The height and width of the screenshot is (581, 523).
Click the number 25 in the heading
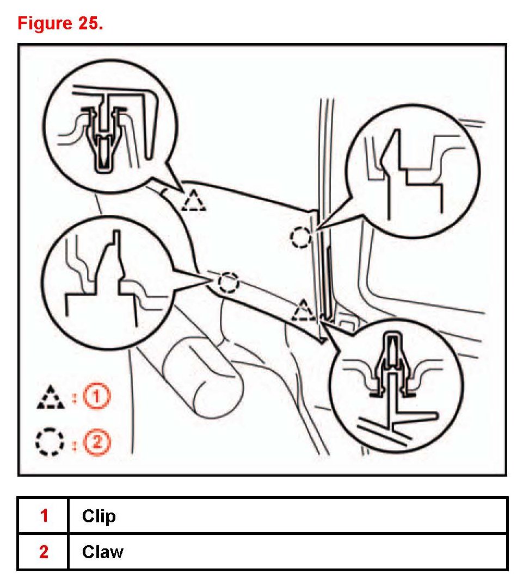click(x=89, y=24)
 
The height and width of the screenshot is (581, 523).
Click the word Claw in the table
click(x=103, y=552)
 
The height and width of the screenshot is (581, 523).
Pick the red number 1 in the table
click(x=44, y=515)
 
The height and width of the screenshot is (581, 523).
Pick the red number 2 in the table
click(x=44, y=552)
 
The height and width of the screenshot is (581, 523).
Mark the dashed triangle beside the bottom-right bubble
click(x=303, y=311)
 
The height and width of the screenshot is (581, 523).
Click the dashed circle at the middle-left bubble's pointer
click(x=228, y=282)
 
